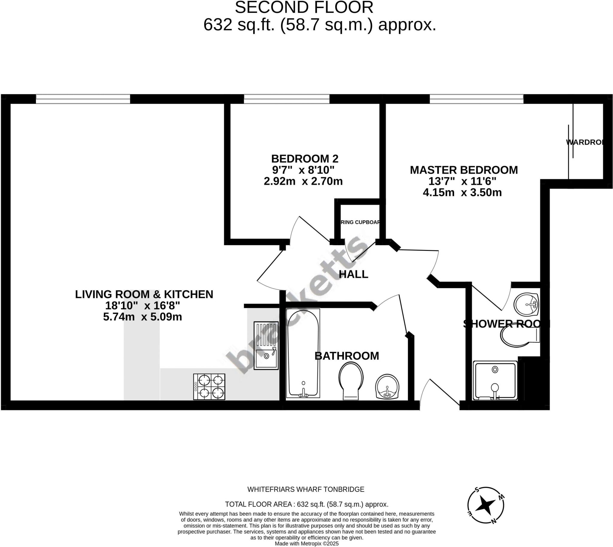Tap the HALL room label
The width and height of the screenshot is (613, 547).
(x=353, y=274)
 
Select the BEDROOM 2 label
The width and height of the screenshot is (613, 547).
(x=305, y=159)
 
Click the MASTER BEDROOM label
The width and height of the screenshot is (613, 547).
(x=464, y=170)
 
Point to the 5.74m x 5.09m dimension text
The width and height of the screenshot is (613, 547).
(x=142, y=317)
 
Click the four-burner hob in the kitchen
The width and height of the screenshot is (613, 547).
(x=209, y=387)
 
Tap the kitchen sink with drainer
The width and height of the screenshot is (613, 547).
(x=266, y=345)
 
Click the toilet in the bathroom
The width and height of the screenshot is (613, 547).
(x=351, y=380)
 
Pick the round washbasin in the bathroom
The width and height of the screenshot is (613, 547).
(x=387, y=387)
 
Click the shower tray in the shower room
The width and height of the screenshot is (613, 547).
(x=495, y=381)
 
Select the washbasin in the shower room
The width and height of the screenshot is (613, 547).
(x=526, y=304)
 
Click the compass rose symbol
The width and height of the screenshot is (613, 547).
(x=485, y=505)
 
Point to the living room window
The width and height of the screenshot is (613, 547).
(x=83, y=99)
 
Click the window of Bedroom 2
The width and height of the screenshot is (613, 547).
(x=286, y=99)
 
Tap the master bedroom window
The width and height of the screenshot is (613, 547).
(x=476, y=99)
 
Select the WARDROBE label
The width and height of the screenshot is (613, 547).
(x=585, y=142)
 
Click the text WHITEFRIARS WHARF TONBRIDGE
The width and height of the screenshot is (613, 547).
(x=306, y=489)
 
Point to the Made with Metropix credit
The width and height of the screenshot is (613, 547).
(x=306, y=543)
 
